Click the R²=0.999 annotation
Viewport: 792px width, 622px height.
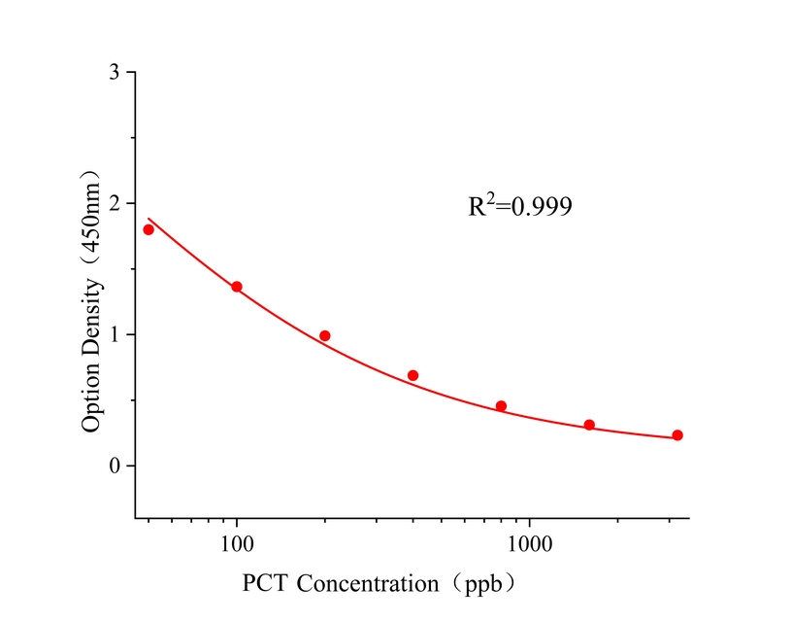coord(519,206)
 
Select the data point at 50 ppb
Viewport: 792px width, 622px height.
coord(148,229)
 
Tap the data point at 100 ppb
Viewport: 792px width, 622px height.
coord(237,287)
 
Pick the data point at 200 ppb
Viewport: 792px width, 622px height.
coord(325,336)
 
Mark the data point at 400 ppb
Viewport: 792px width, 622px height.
coord(412,375)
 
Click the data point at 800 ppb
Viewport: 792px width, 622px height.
coord(501,406)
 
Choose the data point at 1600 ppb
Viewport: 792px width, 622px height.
coord(589,425)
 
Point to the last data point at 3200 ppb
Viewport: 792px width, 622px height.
coord(677,435)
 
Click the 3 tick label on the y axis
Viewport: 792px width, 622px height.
coord(115,73)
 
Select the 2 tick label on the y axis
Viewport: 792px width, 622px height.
coord(115,204)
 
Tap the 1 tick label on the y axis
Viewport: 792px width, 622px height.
coord(115,335)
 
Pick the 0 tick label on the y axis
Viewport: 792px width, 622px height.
coord(115,466)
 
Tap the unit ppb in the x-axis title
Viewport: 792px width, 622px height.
coord(484,585)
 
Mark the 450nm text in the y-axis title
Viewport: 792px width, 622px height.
coord(91,220)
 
